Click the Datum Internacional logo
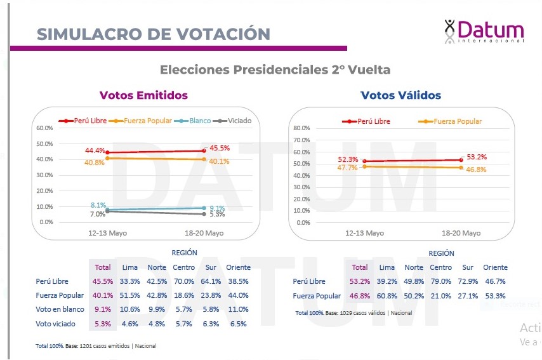pos(484,31)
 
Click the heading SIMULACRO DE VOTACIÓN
pos(153,34)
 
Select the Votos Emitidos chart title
pos(143,95)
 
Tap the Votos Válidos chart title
pos(400,95)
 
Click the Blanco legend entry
pos(196,121)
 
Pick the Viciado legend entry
pos(235,121)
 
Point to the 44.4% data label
pos(95,150)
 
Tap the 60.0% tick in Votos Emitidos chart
pos(44,128)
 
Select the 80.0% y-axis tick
pos(301,128)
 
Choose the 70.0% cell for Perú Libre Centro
pos(183,281)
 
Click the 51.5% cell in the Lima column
pos(130,295)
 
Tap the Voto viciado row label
pos(56,324)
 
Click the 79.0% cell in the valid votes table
pos(440,281)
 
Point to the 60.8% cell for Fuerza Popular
pos(387,296)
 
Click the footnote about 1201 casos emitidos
pos(96,346)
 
